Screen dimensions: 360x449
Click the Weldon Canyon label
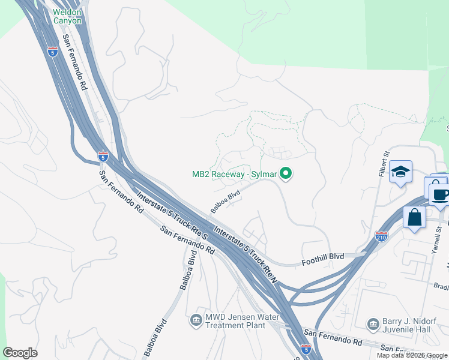67,16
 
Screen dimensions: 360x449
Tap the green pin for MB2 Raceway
286,175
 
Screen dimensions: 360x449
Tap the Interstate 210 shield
381,236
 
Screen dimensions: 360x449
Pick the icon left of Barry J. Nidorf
373,324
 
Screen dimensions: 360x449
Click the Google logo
20,353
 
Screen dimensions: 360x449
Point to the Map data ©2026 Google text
412,355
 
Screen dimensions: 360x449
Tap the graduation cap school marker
400,172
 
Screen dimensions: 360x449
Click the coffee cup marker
440,194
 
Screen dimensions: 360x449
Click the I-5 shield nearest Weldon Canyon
52,52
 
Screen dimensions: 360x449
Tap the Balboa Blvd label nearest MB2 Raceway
226,202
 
